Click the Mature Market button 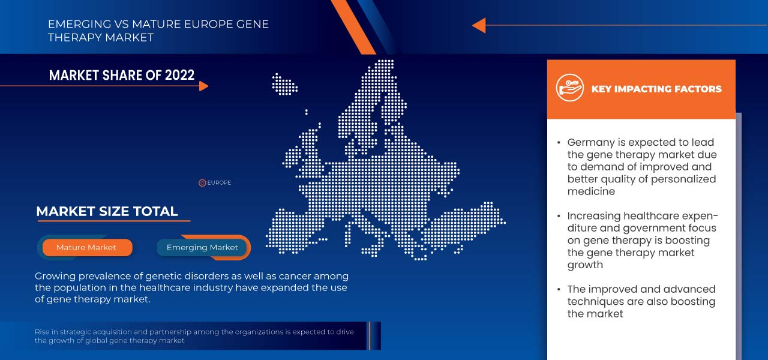(x=86, y=247)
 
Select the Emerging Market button (x=202, y=247)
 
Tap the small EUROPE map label (x=219, y=183)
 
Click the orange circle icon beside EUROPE (x=202, y=183)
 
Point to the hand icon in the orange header (x=569, y=88)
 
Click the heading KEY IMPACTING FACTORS (x=656, y=89)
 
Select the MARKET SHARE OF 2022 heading (x=122, y=75)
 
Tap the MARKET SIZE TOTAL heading (x=107, y=211)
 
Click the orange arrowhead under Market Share (x=203, y=86)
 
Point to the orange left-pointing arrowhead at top (x=478, y=25)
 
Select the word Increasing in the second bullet (x=593, y=216)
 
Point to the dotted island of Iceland (x=284, y=83)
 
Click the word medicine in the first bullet (x=591, y=191)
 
